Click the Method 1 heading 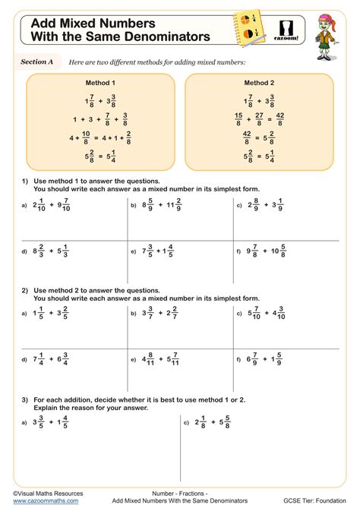(102, 82)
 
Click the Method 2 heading (259, 82)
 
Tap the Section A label (36, 61)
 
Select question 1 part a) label (24, 206)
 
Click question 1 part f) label (238, 251)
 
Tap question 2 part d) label (24, 360)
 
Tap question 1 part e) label (132, 251)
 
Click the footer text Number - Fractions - (181, 493)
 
